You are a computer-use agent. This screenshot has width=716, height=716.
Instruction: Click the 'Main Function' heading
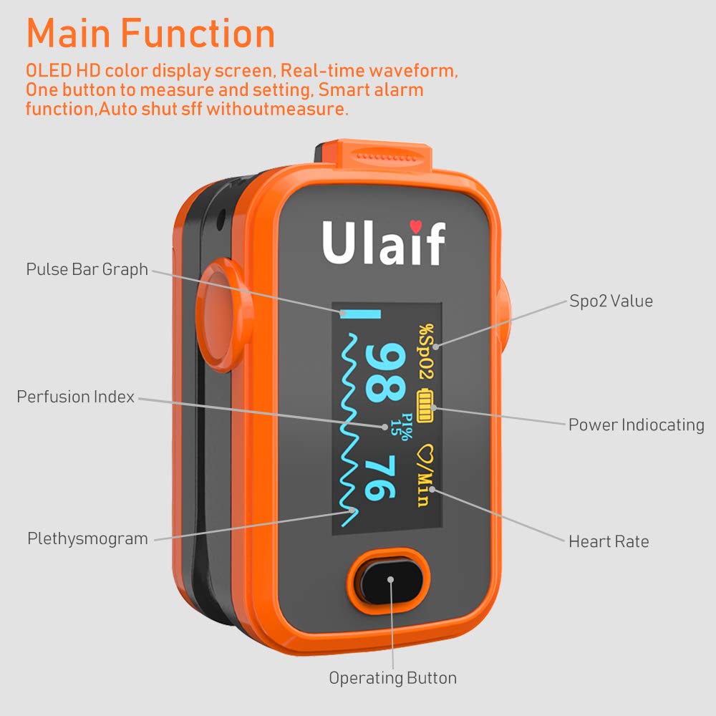[x=151, y=34]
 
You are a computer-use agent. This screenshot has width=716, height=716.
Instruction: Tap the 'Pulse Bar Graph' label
[x=87, y=269]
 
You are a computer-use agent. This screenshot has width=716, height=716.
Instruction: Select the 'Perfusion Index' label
[x=76, y=397]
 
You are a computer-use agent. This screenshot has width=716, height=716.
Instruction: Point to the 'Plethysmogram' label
[x=87, y=538]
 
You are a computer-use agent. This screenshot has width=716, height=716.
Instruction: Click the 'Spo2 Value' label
[x=611, y=301]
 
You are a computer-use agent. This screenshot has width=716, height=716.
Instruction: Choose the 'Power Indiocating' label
[x=636, y=425]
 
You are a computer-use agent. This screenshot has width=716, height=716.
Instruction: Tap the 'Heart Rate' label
[x=609, y=541]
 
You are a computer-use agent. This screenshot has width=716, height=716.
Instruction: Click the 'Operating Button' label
[x=392, y=677]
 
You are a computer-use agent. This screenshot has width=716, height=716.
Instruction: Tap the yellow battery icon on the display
[x=426, y=405]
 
